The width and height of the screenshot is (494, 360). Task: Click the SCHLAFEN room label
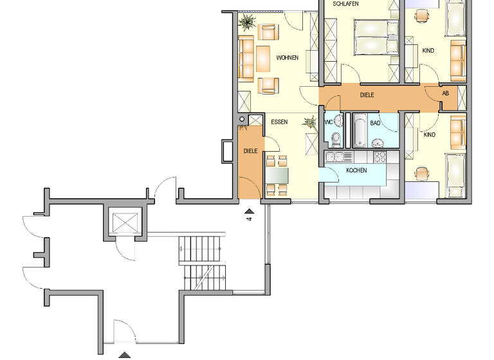346,4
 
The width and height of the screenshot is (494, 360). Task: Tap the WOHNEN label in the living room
288,58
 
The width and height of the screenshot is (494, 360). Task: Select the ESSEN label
279,122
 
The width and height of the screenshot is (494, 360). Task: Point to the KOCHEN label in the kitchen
356,170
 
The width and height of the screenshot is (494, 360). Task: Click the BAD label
375,122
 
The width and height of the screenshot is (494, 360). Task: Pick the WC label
329,122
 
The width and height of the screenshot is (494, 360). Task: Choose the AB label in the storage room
446,93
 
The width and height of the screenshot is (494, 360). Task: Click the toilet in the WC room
334,136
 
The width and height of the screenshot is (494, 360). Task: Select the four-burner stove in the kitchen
379,156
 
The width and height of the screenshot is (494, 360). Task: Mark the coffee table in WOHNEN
262,59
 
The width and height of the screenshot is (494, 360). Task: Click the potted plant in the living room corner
246,22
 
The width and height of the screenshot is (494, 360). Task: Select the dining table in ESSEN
278,174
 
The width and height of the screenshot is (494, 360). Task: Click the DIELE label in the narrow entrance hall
250,151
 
